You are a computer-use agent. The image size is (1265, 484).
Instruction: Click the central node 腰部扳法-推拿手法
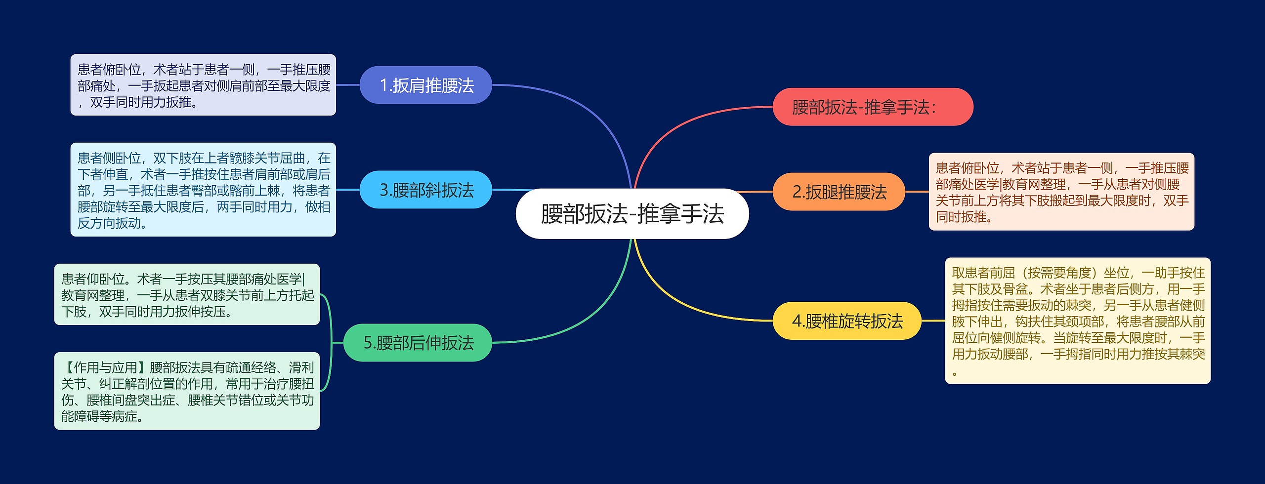coord(632,214)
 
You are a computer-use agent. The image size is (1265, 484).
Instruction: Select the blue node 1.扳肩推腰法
coord(426,85)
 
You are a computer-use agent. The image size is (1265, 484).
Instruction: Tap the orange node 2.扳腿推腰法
coord(839,192)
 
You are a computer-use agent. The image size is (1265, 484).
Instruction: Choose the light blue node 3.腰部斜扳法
coord(426,190)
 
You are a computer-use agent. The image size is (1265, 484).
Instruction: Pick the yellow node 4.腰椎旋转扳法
coord(846,321)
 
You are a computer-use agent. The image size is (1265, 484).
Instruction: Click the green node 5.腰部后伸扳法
coord(418,343)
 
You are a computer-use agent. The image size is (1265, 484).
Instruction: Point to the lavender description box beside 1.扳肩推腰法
coord(203,85)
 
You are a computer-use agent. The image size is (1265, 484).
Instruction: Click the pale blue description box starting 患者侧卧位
coord(203,190)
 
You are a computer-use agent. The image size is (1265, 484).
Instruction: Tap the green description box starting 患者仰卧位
coord(187,294)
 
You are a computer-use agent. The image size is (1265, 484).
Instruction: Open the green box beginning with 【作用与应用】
coord(187,391)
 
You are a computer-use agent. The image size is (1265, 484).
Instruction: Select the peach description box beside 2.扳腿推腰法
coord(1061,192)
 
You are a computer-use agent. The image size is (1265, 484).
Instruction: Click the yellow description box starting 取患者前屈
coord(1078,321)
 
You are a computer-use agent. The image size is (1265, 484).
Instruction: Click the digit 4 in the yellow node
coord(797,322)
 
